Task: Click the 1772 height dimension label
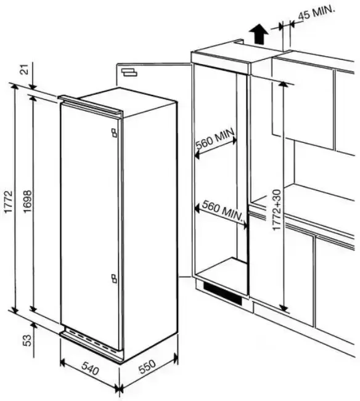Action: [9, 201]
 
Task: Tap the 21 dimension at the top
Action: [25, 69]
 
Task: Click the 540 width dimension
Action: [90, 368]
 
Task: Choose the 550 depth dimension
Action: [147, 367]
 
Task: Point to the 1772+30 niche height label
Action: [277, 210]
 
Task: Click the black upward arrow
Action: [260, 34]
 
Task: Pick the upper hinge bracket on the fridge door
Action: [114, 133]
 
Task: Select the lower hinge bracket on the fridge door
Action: [114, 278]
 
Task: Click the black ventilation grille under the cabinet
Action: [223, 293]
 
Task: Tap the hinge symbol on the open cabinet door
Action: [129, 72]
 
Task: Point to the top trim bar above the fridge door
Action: [91, 105]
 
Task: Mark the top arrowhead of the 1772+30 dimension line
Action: [283, 84]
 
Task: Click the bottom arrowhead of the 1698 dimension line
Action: [33, 309]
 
